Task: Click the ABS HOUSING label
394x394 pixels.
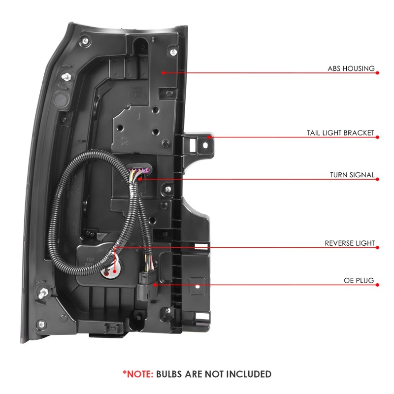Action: [x=351, y=68]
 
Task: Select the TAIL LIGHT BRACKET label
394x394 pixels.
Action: [x=340, y=132]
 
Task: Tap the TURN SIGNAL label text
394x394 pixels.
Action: [x=352, y=175]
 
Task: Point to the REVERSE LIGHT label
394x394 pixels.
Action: [x=350, y=243]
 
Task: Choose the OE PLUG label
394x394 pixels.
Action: [x=359, y=280]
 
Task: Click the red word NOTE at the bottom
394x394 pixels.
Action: [x=140, y=374]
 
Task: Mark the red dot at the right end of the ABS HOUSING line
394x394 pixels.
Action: [x=377, y=73]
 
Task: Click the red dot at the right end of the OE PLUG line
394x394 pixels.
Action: [x=377, y=285]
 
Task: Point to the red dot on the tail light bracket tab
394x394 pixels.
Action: [x=209, y=137]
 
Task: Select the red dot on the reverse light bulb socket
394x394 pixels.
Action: [x=115, y=271]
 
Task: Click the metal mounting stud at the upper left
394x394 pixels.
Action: [x=66, y=77]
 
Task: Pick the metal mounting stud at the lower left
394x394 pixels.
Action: [x=43, y=293]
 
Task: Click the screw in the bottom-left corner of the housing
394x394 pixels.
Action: [x=41, y=325]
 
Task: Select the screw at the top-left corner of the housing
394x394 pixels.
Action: [x=85, y=40]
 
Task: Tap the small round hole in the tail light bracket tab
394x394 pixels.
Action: [x=204, y=145]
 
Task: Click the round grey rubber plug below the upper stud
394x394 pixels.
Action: [x=61, y=99]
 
